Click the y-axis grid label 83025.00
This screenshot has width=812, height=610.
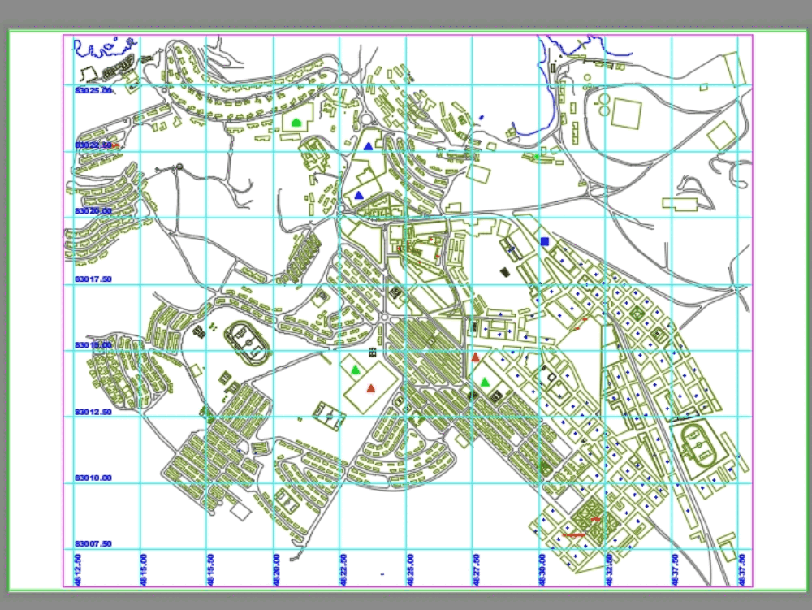click(x=93, y=90)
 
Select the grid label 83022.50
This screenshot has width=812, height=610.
click(x=93, y=145)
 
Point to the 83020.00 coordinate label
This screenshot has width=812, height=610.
click(x=93, y=211)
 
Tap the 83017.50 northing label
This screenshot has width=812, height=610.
click(x=93, y=279)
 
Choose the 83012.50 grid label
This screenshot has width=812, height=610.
click(x=93, y=412)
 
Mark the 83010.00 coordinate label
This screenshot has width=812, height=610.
click(x=93, y=478)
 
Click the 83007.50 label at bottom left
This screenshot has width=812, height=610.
click(x=93, y=543)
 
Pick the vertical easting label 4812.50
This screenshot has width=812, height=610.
click(x=78, y=569)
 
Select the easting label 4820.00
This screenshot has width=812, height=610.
click(x=277, y=569)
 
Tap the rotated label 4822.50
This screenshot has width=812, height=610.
click(x=343, y=569)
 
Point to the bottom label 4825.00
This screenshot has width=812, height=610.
click(x=410, y=569)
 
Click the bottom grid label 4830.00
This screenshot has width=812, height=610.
click(x=542, y=569)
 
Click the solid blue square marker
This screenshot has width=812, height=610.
click(x=544, y=241)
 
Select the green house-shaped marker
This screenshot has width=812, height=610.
click(x=296, y=122)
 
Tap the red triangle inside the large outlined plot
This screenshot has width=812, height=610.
click(x=371, y=388)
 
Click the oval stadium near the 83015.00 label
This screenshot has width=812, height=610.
click(x=247, y=342)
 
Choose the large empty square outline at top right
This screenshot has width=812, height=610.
click(x=626, y=113)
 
